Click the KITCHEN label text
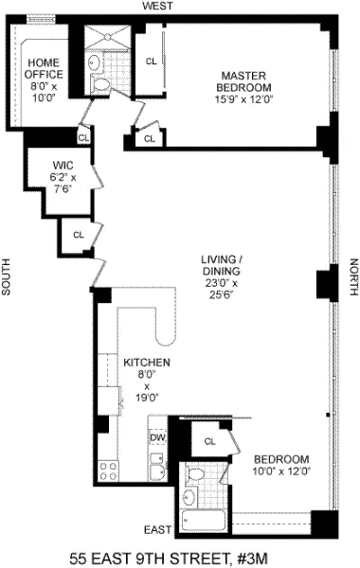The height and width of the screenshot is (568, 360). (147, 363)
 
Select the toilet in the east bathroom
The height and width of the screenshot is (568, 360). (195, 474)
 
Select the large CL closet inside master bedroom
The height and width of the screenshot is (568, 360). (150, 62)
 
